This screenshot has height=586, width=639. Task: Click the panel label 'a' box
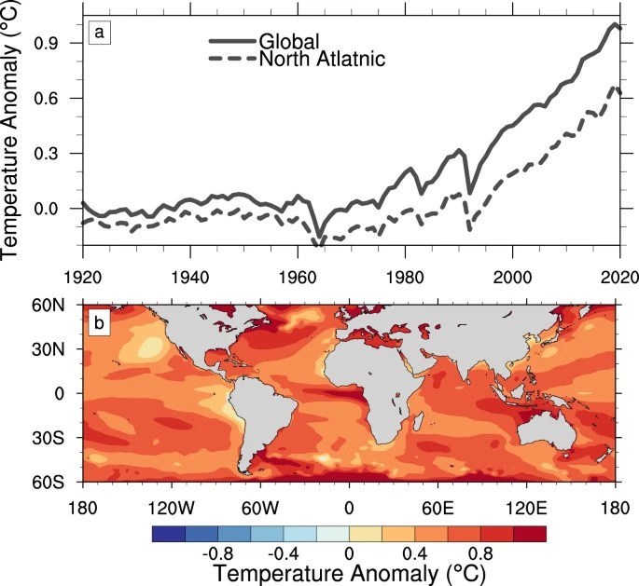(x=100, y=34)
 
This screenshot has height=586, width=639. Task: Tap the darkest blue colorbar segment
(x=168, y=534)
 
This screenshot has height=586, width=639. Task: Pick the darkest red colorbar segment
(x=529, y=534)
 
